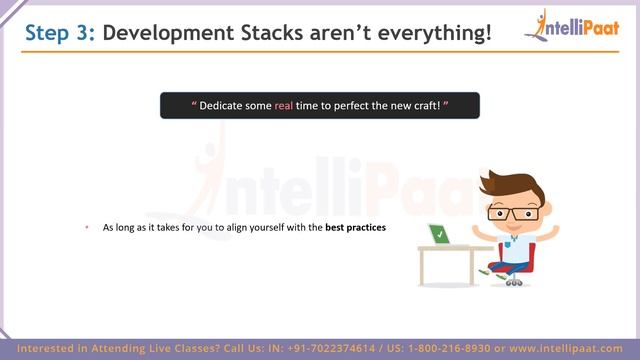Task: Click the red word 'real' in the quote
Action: [x=283, y=106]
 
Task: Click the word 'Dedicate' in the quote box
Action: [x=226, y=106]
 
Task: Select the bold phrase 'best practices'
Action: [x=355, y=228]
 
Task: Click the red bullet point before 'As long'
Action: [x=87, y=228]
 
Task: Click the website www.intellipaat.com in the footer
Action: [x=572, y=348]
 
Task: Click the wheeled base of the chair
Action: [x=513, y=280]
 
